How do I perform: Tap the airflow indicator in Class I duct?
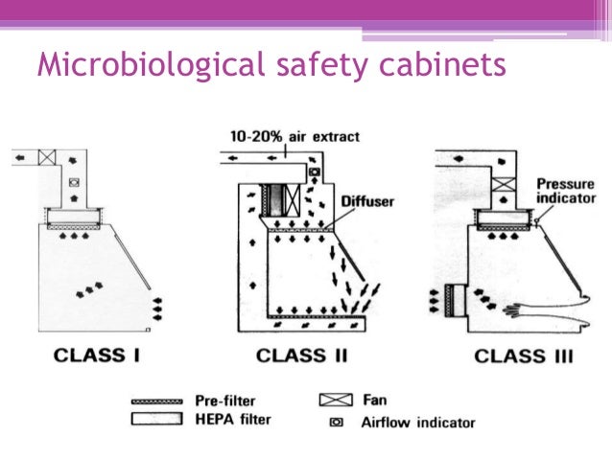pyautogui.click(x=74, y=181)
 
